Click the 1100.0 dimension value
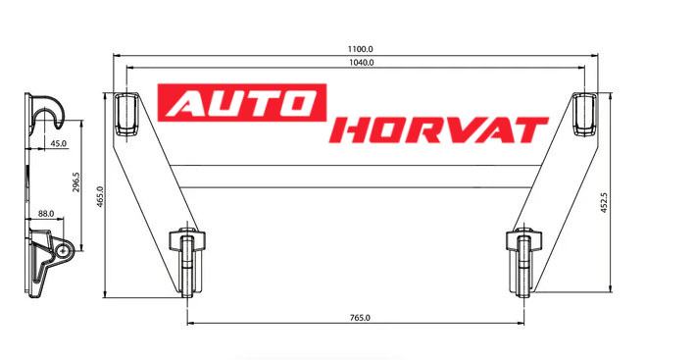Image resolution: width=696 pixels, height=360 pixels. point(360,49)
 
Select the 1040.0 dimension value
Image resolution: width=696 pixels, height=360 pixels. point(362,63)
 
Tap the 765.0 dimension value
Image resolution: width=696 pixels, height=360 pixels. point(360,318)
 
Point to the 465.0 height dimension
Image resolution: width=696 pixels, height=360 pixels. point(100,196)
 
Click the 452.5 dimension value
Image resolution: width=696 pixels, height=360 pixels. point(604,202)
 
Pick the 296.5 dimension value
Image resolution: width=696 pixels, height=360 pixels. point(75,182)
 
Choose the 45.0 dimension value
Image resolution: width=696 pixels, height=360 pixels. point(58,143)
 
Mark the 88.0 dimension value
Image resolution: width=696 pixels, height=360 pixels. point(46,214)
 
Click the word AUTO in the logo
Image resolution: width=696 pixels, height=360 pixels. point(242,103)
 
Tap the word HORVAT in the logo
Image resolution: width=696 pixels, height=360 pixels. point(439,130)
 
